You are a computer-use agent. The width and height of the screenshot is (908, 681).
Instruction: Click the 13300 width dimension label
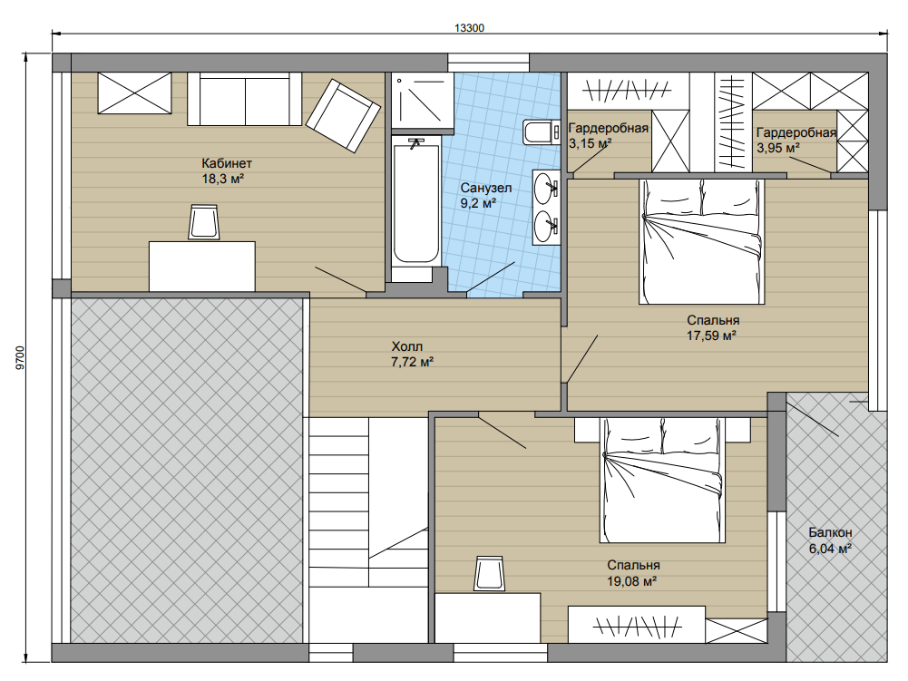[x=469, y=28]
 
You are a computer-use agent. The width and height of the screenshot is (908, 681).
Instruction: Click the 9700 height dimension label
[x=21, y=358]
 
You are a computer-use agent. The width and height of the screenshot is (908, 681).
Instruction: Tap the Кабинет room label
[x=227, y=163]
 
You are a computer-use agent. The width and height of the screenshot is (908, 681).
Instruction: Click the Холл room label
[x=407, y=347]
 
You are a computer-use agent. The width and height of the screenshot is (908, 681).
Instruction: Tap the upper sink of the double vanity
[x=546, y=188]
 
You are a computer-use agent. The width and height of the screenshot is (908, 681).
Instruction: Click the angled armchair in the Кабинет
[x=343, y=115]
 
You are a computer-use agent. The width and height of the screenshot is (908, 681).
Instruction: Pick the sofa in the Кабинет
[x=244, y=99]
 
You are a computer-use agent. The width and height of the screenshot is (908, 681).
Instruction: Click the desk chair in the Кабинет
[x=204, y=222]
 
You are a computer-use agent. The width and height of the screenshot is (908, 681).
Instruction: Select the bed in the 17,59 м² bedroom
[x=701, y=241]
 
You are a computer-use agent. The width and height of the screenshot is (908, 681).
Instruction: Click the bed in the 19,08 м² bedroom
[x=662, y=480]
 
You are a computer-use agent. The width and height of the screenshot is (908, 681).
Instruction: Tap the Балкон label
[x=830, y=532]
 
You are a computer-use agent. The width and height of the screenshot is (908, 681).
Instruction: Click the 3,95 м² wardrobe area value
[x=778, y=148]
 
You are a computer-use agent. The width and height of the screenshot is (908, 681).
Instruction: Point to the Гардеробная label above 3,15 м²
[x=608, y=128]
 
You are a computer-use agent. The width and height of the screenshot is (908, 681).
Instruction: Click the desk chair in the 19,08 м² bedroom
[x=489, y=574]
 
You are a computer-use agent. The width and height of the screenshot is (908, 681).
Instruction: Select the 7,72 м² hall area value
[x=413, y=363]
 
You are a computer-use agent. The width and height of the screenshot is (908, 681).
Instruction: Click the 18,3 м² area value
[x=223, y=179]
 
